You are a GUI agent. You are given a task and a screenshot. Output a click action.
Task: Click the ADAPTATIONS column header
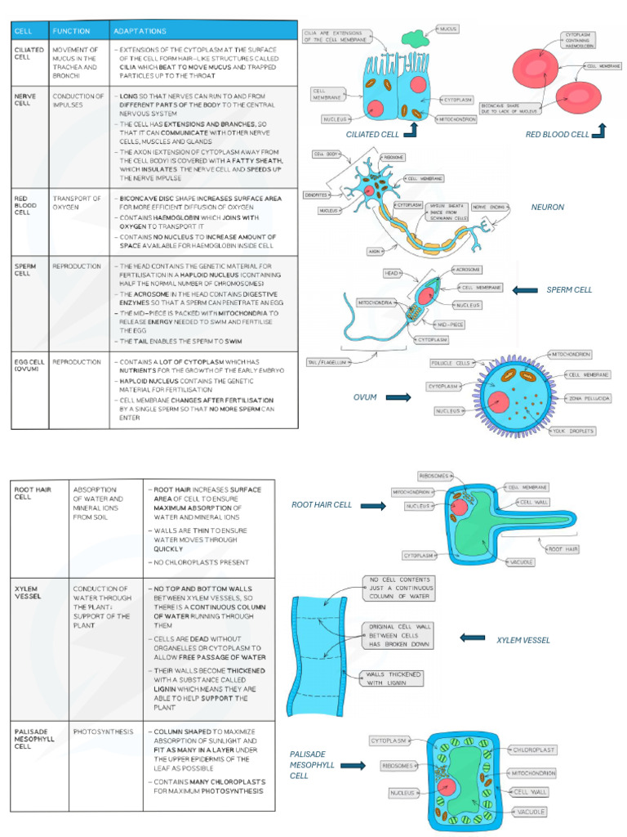pyautogui.click(x=140, y=31)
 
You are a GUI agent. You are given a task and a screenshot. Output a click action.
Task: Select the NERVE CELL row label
pyautogui.click(x=25, y=100)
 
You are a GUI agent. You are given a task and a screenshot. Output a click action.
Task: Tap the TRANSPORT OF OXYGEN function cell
pyautogui.click(x=77, y=202)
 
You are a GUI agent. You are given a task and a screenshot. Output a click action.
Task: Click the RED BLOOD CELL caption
pyautogui.click(x=557, y=135)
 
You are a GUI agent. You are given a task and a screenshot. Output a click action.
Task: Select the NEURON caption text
pyautogui.click(x=547, y=208)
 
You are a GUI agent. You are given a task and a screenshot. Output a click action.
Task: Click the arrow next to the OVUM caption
pyautogui.click(x=398, y=397)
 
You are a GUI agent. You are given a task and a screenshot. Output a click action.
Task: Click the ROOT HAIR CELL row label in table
pyautogui.click(x=33, y=493)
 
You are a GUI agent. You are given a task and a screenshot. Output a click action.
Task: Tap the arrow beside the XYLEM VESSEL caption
pyautogui.click(x=473, y=638)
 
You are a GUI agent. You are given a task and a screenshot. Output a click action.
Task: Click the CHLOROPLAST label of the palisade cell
pyautogui.click(x=535, y=749)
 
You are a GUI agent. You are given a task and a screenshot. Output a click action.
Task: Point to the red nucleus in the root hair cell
pyautogui.click(x=460, y=508)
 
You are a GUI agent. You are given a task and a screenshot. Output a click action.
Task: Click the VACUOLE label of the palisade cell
pyautogui.click(x=530, y=812)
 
